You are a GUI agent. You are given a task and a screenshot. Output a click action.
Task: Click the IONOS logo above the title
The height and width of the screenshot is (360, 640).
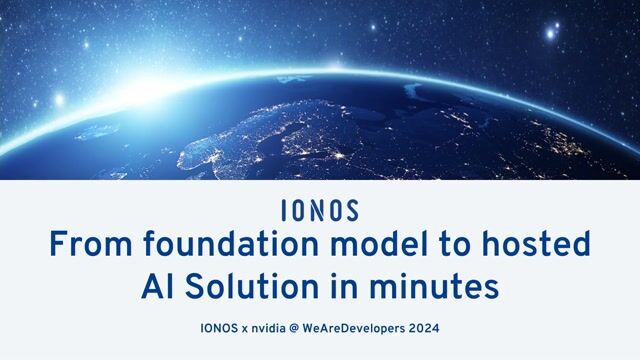pyautogui.click(x=320, y=211)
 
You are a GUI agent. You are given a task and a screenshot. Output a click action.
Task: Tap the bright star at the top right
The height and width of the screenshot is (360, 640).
pyautogui.click(x=551, y=32)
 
